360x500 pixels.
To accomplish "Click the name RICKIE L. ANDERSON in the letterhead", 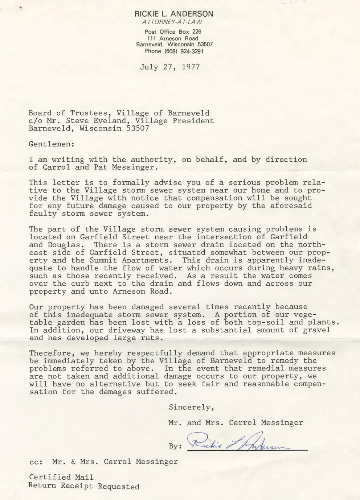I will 174,14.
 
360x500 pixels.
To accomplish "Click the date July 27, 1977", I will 169,67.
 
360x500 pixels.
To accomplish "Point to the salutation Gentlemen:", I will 52,144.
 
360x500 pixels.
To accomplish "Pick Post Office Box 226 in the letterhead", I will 173,32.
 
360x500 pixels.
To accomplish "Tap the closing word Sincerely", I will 189,407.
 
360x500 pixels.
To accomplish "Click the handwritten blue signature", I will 240,442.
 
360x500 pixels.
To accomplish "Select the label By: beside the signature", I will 175,446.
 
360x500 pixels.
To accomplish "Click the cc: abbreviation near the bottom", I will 36,462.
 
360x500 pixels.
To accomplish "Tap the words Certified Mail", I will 61,477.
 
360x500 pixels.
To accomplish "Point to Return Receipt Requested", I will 84,486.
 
